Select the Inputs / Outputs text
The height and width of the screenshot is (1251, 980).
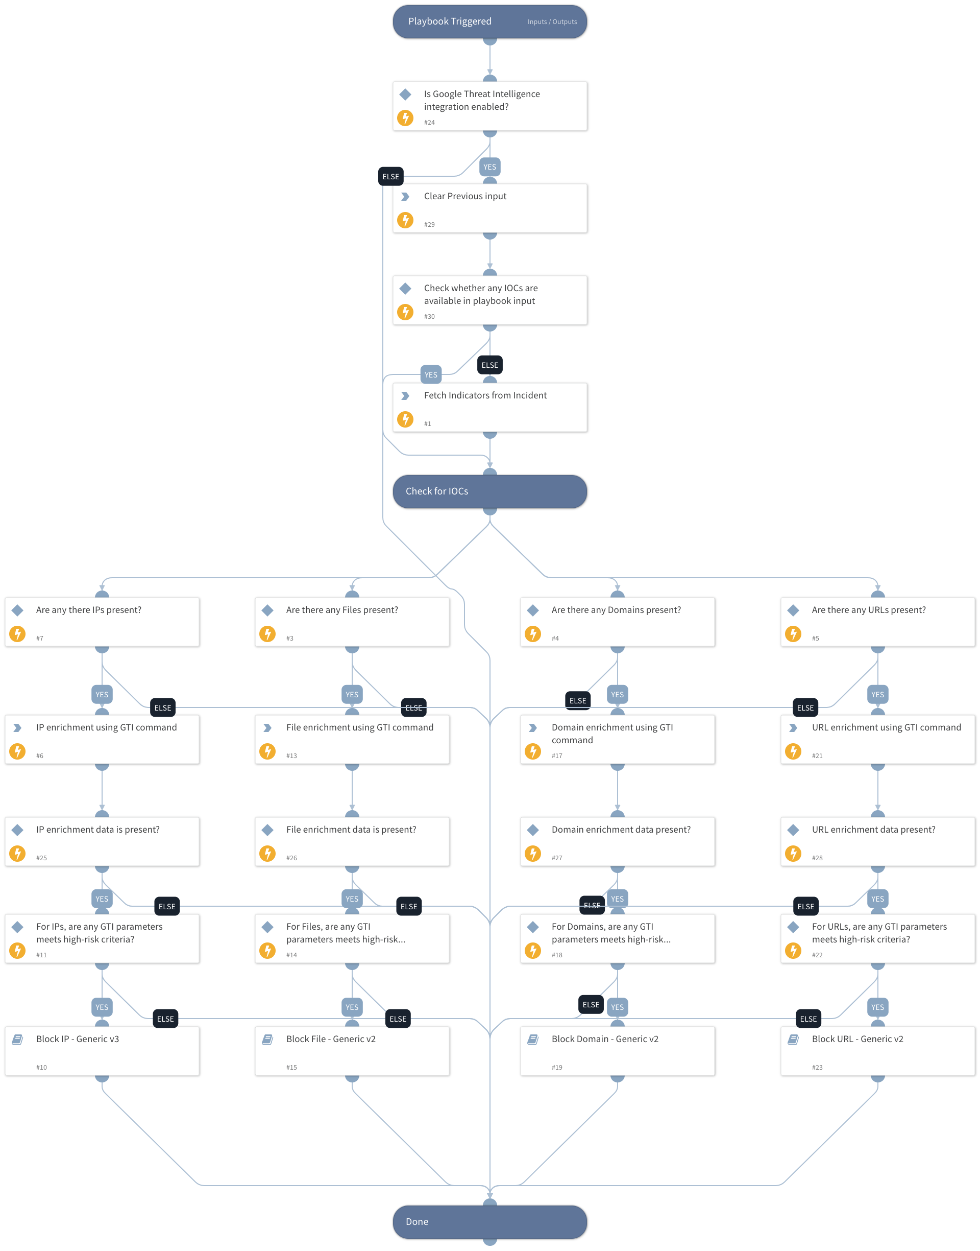click(552, 22)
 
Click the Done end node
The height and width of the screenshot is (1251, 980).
click(489, 1221)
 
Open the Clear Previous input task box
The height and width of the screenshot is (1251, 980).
click(489, 208)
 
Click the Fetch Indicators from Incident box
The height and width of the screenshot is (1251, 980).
click(489, 407)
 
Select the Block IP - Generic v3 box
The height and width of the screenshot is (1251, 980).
click(102, 1051)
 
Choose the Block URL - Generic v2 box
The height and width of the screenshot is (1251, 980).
click(877, 1051)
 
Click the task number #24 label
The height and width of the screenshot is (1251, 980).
click(429, 122)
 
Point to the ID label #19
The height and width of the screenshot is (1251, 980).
click(556, 1067)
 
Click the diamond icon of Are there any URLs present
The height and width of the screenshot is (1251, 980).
click(793, 610)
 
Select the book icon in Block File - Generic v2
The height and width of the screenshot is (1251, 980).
click(267, 1039)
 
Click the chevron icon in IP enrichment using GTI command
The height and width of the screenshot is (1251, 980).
click(17, 727)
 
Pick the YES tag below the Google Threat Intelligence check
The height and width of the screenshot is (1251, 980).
click(489, 167)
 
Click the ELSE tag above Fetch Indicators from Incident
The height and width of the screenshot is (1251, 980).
click(489, 365)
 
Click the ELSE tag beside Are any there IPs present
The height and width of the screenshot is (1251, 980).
click(162, 708)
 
